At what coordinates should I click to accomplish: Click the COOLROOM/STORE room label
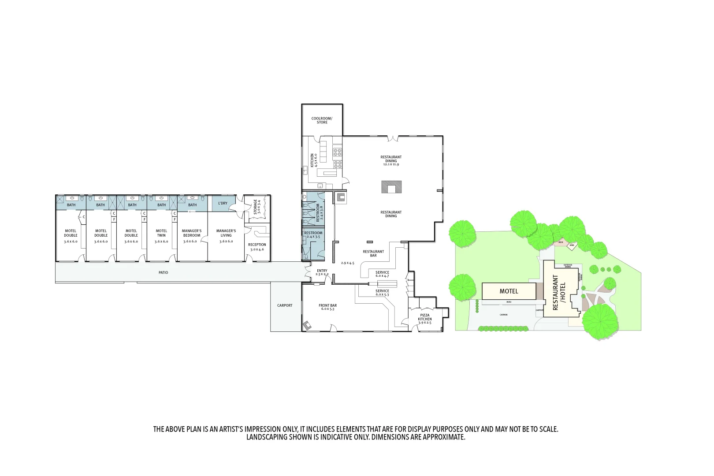(322, 120)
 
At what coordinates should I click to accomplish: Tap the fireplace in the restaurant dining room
(391, 187)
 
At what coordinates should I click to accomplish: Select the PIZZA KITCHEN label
(424, 317)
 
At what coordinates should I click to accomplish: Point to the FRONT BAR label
(327, 305)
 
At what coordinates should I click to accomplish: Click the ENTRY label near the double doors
(322, 271)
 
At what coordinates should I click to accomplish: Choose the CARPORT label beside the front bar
(285, 305)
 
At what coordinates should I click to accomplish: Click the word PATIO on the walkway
(163, 273)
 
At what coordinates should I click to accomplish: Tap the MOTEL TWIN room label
(161, 233)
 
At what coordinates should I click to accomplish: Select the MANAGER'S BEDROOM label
(192, 233)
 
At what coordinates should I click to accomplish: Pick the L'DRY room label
(223, 203)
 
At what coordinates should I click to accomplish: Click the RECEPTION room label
(257, 245)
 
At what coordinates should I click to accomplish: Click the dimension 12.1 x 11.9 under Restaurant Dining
(391, 164)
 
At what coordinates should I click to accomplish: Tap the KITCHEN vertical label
(312, 160)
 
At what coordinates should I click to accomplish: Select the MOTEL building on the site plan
(509, 291)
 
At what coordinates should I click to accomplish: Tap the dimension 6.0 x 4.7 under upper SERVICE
(382, 276)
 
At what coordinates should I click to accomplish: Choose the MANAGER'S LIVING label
(226, 233)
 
